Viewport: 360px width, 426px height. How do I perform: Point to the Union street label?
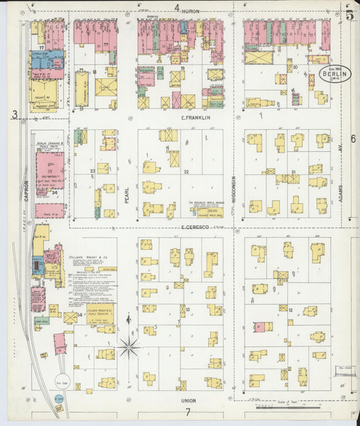coord(188,400)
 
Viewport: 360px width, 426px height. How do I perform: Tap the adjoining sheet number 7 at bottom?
coord(189,412)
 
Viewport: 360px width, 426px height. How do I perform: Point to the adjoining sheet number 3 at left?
coord(14,115)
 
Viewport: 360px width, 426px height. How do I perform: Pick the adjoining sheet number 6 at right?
coord(353,138)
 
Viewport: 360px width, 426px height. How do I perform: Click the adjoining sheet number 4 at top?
coord(177,8)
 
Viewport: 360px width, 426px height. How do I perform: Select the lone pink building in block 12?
coord(259,327)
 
